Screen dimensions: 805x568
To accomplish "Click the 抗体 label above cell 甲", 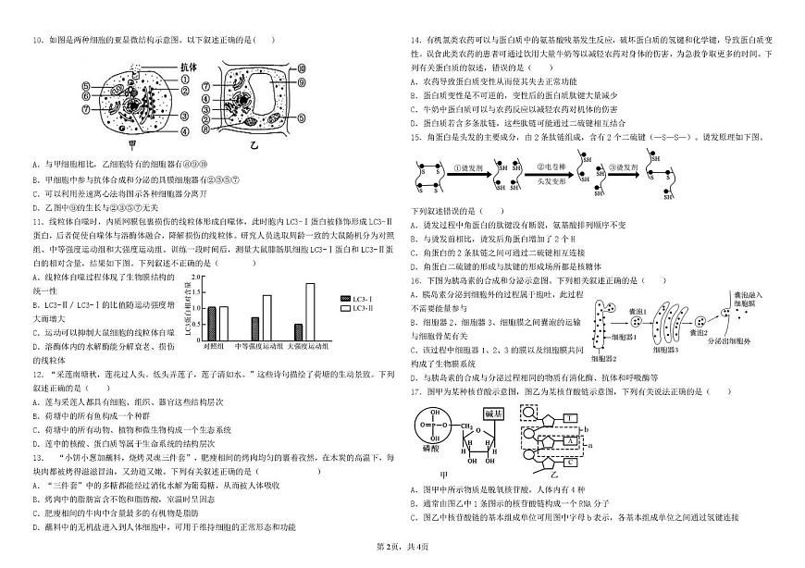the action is click(x=189, y=68).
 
